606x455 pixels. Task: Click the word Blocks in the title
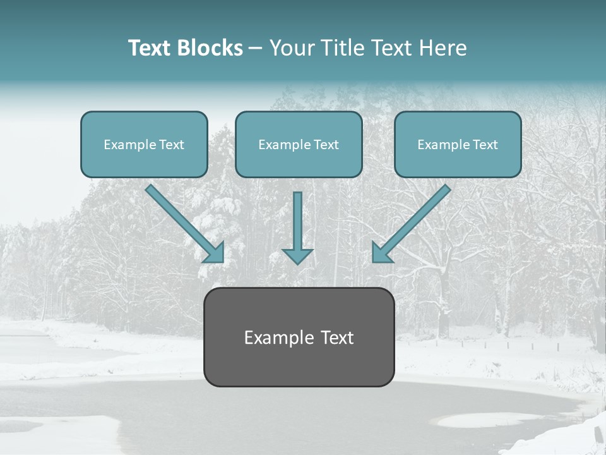pos(210,48)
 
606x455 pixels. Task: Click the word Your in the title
pos(292,48)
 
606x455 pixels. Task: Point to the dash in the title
pos(256,49)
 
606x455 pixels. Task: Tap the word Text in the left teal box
pos(171,145)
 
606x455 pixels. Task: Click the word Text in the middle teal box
pos(326,145)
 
